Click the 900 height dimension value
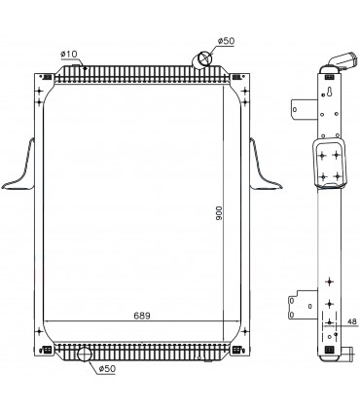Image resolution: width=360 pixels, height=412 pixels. pyautogui.click(x=219, y=213)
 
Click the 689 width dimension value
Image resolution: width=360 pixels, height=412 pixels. pyautogui.click(x=142, y=316)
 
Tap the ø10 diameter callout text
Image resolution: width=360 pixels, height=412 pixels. pyautogui.click(x=69, y=55)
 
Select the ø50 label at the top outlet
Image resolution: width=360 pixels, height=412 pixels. pyautogui.click(x=226, y=41)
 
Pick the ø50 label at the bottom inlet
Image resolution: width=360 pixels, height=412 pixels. pyautogui.click(x=107, y=368)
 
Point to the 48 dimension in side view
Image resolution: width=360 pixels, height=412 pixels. pyautogui.click(x=351, y=321)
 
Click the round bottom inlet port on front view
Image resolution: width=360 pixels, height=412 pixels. pyautogui.click(x=85, y=354)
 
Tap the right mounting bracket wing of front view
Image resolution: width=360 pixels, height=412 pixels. pyautogui.click(x=265, y=166)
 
